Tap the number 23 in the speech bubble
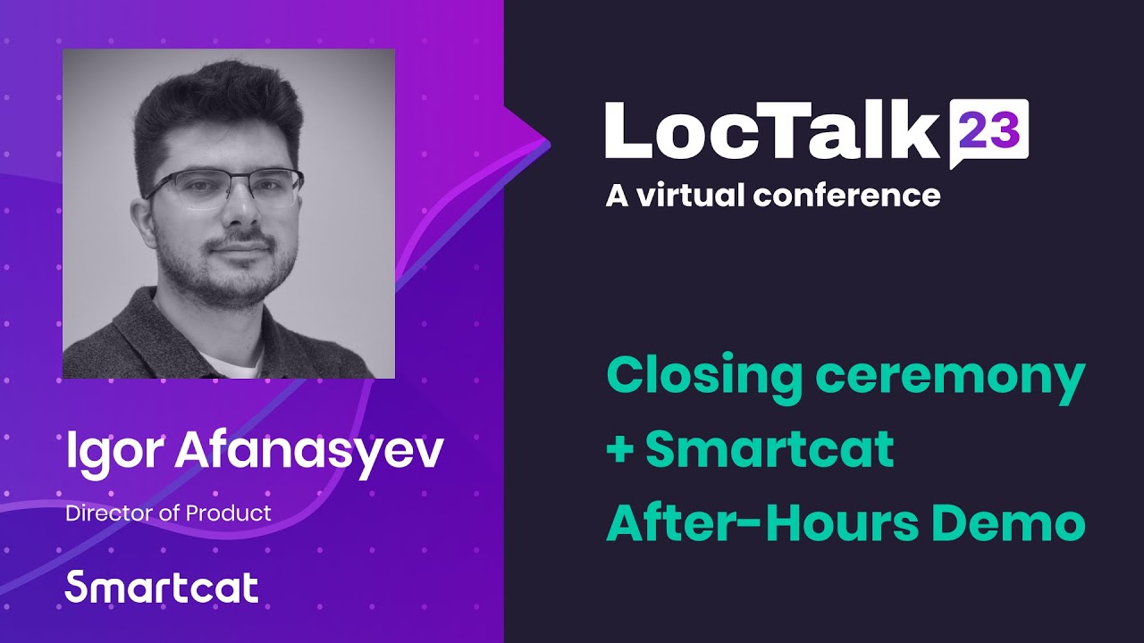(x=989, y=132)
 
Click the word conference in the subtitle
(x=846, y=195)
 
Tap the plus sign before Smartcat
(x=618, y=450)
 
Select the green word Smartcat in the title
(x=770, y=450)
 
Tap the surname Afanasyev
(x=308, y=454)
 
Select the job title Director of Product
(x=168, y=514)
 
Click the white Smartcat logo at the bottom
(x=162, y=588)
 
